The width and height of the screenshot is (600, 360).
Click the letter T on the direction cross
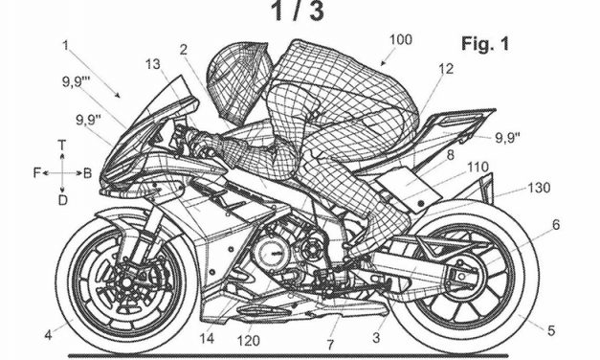click(61, 145)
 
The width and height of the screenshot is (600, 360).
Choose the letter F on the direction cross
click(35, 173)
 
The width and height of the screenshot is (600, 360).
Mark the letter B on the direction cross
click(87, 173)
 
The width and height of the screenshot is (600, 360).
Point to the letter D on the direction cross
click(61, 200)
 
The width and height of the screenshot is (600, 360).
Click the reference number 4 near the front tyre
click(47, 334)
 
